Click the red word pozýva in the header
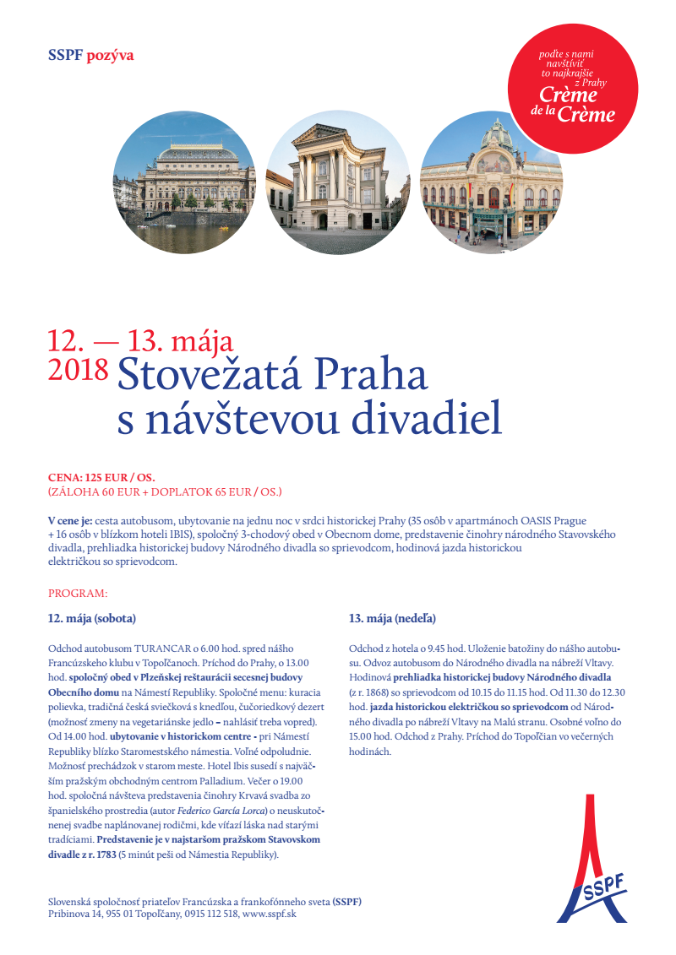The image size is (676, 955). point(110,56)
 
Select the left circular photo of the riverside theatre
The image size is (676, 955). point(184,183)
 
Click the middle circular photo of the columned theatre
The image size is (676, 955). point(338,183)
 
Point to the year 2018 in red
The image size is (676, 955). point(79,369)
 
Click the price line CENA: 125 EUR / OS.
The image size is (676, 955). point(101,477)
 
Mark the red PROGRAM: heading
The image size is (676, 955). point(78,594)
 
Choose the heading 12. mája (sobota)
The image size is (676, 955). point(92,619)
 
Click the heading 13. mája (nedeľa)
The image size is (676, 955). point(392,619)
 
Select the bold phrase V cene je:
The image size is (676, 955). point(70,521)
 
